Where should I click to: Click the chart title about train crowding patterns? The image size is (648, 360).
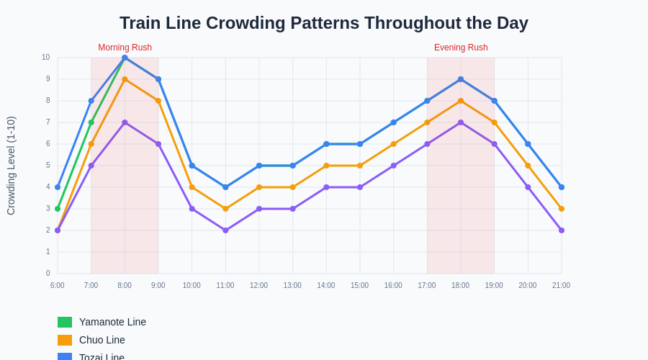point(324,23)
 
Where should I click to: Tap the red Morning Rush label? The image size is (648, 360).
point(125,48)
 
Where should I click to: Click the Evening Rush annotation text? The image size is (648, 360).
point(461,48)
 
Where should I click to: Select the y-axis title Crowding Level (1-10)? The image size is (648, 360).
point(11,166)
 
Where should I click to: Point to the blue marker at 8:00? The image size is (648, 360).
point(125,58)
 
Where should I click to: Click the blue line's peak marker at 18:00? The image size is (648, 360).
point(461,79)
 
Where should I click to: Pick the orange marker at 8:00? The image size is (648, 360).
point(125,79)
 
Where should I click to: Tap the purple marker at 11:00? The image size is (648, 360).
point(225,230)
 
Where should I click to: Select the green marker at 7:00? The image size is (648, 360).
point(91,122)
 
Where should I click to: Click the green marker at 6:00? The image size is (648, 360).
point(58,209)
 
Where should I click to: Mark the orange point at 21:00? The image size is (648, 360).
point(562,209)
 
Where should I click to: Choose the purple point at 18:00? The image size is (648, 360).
point(461,122)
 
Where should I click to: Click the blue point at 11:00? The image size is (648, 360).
point(225,187)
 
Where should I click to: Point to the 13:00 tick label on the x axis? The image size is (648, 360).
point(292,285)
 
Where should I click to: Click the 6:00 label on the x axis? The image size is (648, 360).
point(58,285)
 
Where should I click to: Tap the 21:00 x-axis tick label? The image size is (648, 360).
point(561,285)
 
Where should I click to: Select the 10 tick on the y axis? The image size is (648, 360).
point(45,58)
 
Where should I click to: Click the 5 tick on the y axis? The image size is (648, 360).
point(48,166)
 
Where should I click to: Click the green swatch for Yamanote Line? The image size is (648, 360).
point(65,322)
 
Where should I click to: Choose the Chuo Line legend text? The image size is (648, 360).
point(102,340)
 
